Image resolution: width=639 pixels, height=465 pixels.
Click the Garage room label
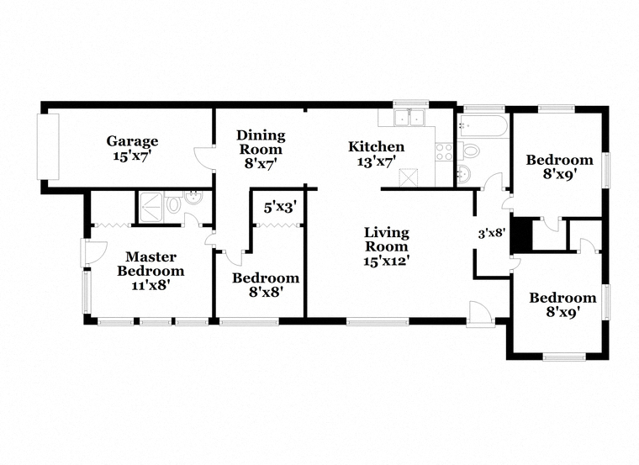pyautogui.click(x=132, y=141)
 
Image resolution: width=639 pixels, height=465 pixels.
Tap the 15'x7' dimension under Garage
pyautogui.click(x=132, y=156)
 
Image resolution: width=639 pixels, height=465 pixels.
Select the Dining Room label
pyautogui.click(x=261, y=142)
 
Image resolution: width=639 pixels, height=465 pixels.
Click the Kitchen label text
pyautogui.click(x=376, y=146)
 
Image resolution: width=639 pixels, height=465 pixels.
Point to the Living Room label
pyautogui.click(x=386, y=240)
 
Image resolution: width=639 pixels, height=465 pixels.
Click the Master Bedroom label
pyautogui.click(x=151, y=264)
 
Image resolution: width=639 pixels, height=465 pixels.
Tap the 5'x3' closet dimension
pyautogui.click(x=279, y=208)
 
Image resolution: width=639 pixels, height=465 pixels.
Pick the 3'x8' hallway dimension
pyautogui.click(x=492, y=233)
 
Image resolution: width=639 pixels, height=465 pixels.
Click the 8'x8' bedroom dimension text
pyautogui.click(x=267, y=292)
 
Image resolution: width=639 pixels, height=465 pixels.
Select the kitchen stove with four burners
pyautogui.click(x=444, y=151)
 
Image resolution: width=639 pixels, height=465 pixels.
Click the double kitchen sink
pyautogui.click(x=410, y=118)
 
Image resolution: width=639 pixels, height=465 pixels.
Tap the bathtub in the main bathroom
pyautogui.click(x=483, y=125)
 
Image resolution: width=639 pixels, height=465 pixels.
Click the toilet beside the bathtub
pyautogui.click(x=467, y=151)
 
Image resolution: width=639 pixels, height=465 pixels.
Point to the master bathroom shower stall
pyautogui.click(x=152, y=207)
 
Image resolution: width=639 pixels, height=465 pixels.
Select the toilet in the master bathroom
pyautogui.click(x=173, y=205)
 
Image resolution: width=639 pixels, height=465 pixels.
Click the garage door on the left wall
pyautogui.click(x=48, y=146)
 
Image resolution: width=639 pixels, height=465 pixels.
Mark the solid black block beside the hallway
pyautogui.click(x=521, y=235)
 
